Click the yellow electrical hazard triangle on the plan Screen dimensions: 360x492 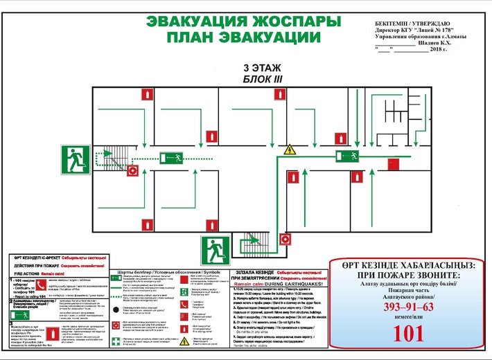tap(290, 149)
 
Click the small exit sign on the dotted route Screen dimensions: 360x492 tap(170, 156)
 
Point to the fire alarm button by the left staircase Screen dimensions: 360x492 tap(132, 169)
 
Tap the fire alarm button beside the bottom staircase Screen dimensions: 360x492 tap(284, 240)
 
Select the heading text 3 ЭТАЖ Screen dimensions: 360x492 tap(257, 69)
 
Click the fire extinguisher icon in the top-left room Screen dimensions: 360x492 tap(145, 94)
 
